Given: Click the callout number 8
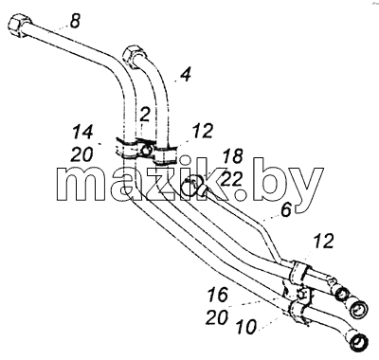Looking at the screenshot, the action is [75, 22].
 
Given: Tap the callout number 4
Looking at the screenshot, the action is [186, 75].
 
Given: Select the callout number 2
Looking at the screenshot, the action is [144, 115].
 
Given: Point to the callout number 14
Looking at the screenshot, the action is [82, 132].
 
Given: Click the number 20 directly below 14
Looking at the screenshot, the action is [82, 154].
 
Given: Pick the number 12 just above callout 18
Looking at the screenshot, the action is [203, 131].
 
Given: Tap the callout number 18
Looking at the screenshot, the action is [233, 156].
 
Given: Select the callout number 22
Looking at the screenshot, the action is [231, 180].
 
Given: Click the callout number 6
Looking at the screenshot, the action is [286, 210].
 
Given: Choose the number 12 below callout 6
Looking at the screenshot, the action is [324, 241].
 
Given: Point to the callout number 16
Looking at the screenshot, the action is [218, 295].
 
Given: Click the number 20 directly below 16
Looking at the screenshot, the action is [217, 317].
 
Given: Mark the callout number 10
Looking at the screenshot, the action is [246, 327].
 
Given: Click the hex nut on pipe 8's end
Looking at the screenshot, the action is [19, 26].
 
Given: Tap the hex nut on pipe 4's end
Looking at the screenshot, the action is [133, 56].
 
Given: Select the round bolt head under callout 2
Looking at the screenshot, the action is [146, 150].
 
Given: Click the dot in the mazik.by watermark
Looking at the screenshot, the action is [241, 195].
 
